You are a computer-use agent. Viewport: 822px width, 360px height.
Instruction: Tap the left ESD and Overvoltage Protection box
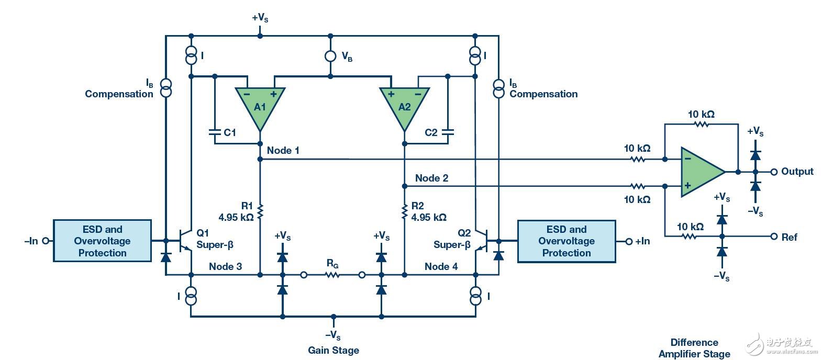[102, 241]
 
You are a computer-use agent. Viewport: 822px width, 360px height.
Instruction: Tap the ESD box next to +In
[566, 241]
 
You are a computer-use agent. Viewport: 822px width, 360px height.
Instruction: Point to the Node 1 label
[283, 151]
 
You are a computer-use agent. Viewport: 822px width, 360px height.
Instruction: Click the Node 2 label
[431, 178]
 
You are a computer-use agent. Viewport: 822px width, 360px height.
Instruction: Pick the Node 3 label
[225, 266]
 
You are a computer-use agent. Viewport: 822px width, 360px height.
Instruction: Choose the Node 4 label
[441, 266]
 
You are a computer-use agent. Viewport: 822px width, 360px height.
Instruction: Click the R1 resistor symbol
[260, 212]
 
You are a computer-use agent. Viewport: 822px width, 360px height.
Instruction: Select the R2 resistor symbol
[404, 212]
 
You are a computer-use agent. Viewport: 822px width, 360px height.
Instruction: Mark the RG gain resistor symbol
[333, 274]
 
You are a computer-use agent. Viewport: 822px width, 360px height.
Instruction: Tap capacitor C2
[448, 133]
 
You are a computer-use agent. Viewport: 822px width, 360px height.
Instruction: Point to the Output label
[797, 172]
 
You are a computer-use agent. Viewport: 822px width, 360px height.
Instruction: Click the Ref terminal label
[789, 237]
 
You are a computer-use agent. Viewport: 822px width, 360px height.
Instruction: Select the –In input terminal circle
[46, 241]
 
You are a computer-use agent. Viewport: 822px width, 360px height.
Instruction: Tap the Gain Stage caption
[334, 350]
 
